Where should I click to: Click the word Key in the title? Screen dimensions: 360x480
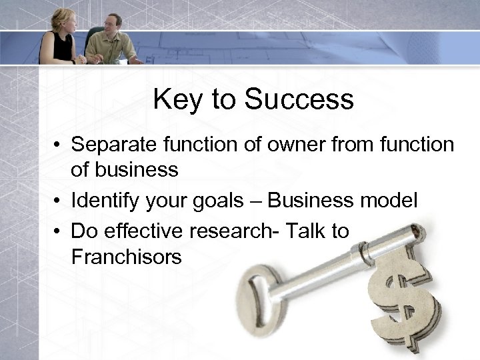point(173,100)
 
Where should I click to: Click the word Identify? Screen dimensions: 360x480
point(105,200)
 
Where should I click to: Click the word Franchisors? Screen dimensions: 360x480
point(126,257)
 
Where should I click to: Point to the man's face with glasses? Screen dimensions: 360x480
point(113,24)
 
